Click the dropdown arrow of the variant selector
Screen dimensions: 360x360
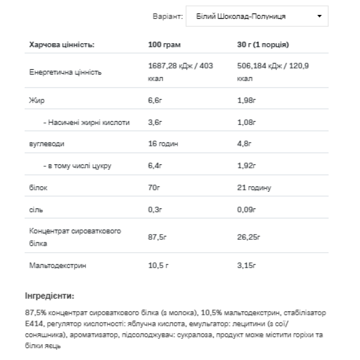(x=319, y=16)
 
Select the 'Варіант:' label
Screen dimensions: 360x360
(x=168, y=16)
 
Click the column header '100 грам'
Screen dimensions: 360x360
(x=164, y=45)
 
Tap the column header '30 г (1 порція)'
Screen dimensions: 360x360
(x=263, y=45)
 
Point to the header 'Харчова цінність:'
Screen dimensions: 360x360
(x=62, y=45)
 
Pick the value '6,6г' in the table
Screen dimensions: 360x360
(x=155, y=100)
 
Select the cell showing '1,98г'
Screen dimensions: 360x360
(x=246, y=100)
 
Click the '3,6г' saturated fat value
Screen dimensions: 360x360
(x=155, y=122)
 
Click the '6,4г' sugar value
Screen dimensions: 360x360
(x=155, y=166)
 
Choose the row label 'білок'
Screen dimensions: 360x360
(x=38, y=188)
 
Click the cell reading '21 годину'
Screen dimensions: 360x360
(x=254, y=188)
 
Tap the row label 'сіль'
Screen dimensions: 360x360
(x=36, y=210)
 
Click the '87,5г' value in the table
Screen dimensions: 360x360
(x=157, y=237)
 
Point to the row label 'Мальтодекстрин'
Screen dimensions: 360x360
(x=58, y=265)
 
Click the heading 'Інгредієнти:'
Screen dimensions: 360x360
(x=49, y=296)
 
